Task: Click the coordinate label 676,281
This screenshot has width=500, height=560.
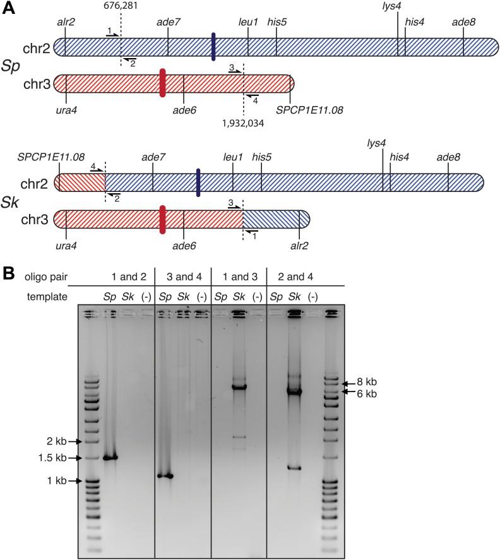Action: [120, 6]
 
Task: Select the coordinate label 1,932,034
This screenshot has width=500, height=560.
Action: [243, 123]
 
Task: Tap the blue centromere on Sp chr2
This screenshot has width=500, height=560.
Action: [214, 47]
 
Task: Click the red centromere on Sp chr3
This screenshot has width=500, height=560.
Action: [163, 83]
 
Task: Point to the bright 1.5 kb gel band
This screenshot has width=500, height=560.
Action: [111, 458]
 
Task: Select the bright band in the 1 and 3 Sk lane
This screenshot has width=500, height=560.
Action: [238, 386]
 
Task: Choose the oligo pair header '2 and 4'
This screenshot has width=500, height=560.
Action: [292, 275]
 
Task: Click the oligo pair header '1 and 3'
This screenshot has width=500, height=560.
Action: [238, 275]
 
